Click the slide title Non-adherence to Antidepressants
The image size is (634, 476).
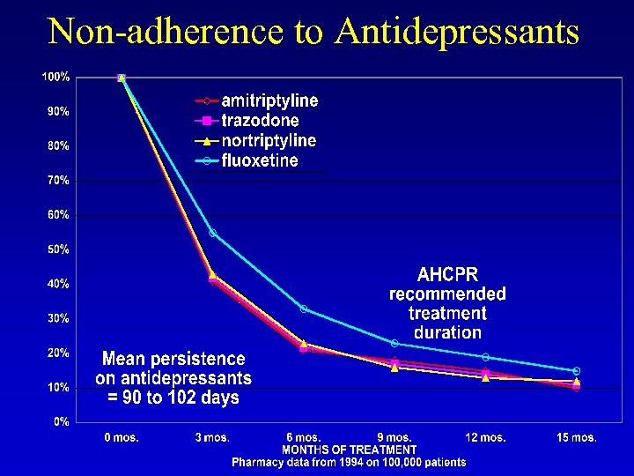pyautogui.click(x=313, y=32)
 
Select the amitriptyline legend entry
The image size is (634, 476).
pyautogui.click(x=269, y=100)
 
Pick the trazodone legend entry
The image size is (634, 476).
pyautogui.click(x=260, y=121)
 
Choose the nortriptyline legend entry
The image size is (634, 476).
pyautogui.click(x=268, y=141)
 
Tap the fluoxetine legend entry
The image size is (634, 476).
pyautogui.click(x=259, y=161)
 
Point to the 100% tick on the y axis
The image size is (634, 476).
pyautogui.click(x=57, y=78)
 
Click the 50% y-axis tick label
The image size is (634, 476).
pyautogui.click(x=59, y=249)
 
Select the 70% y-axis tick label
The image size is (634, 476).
pyautogui.click(x=59, y=181)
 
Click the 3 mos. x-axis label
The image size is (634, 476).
pyautogui.click(x=212, y=437)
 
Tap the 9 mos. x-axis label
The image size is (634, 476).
pyautogui.click(x=394, y=437)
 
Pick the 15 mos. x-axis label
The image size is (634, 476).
pyautogui.click(x=577, y=437)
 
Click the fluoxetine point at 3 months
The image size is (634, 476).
pyautogui.click(x=212, y=233)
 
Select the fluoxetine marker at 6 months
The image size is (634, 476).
pyautogui.click(x=304, y=309)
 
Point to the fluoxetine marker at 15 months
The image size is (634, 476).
pyautogui.click(x=577, y=371)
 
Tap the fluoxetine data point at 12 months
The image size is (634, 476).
pyautogui.click(x=485, y=357)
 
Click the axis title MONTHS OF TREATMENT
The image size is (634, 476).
pyautogui.click(x=349, y=450)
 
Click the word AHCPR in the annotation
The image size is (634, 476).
pyautogui.click(x=447, y=274)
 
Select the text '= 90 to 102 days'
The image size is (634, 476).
pyautogui.click(x=173, y=398)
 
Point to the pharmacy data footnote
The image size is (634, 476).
pyautogui.click(x=349, y=462)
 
